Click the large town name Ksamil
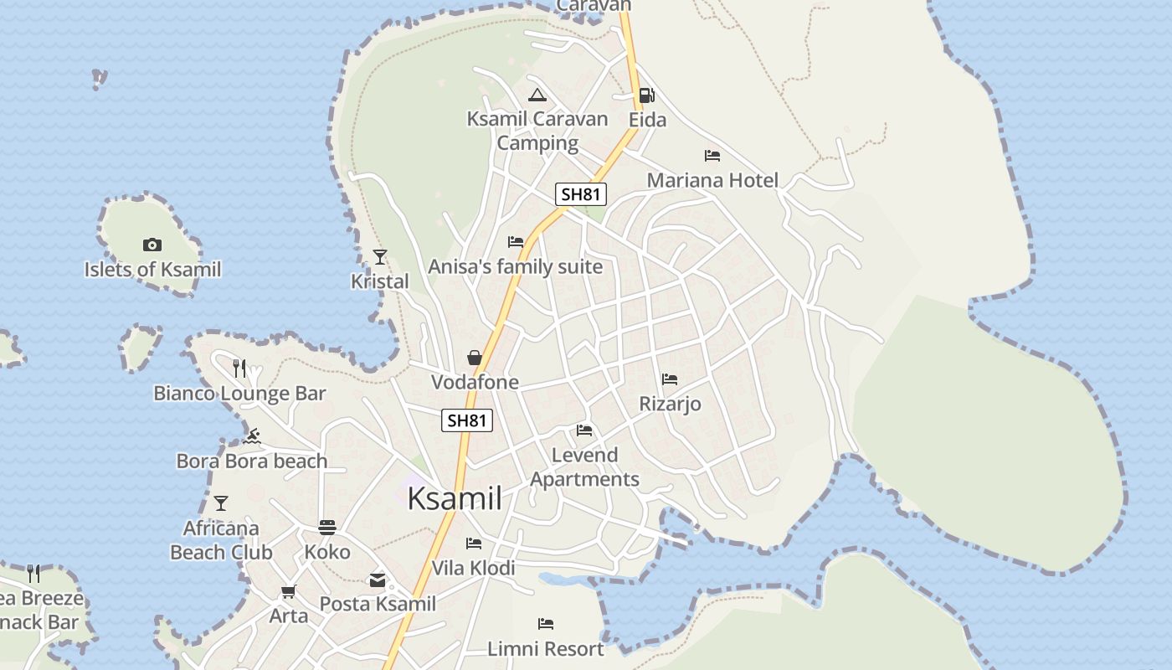tap(455, 499)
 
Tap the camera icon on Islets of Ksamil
tap(152, 245)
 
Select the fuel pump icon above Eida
tap(646, 95)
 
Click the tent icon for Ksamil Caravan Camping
tap(537, 95)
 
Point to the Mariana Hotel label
tap(712, 180)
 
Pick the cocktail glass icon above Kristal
tap(380, 256)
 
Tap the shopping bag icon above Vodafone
tap(475, 358)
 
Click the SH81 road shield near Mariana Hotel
tap(580, 194)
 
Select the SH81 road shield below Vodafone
tap(467, 420)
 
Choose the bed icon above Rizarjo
tap(670, 379)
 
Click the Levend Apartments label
tap(584, 467)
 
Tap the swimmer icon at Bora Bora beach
tap(253, 436)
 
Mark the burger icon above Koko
tap(327, 528)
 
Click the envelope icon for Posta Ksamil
tap(378, 580)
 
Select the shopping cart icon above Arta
tap(289, 592)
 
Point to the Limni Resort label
tap(546, 649)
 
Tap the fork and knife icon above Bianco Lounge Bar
tap(239, 368)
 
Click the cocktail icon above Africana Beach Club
tap(221, 503)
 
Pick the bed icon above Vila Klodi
tap(474, 544)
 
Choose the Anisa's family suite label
tap(515, 267)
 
